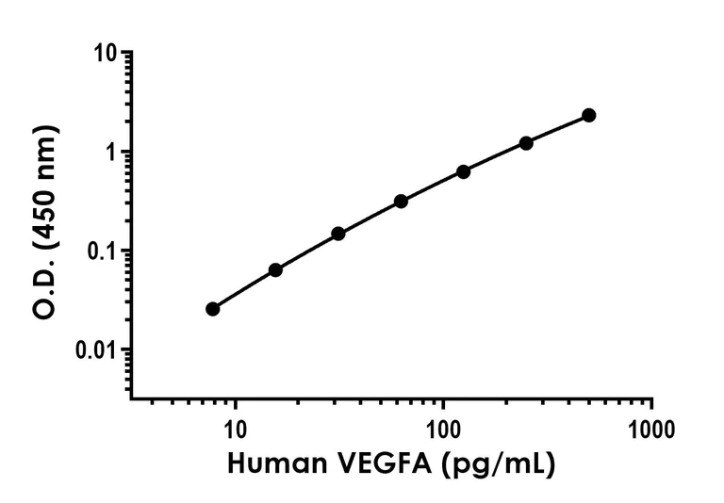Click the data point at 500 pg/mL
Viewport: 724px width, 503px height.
[x=589, y=115]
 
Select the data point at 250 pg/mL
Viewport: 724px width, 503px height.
[x=526, y=143]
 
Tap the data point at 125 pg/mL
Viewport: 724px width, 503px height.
[x=464, y=171]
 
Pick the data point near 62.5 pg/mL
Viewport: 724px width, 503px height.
[x=401, y=201]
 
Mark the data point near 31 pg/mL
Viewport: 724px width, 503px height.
[x=337, y=233]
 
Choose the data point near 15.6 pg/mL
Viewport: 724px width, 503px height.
[x=275, y=269]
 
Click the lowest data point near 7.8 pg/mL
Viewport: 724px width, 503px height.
[x=212, y=309]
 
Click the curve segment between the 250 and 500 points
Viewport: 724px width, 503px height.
[x=558, y=128]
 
